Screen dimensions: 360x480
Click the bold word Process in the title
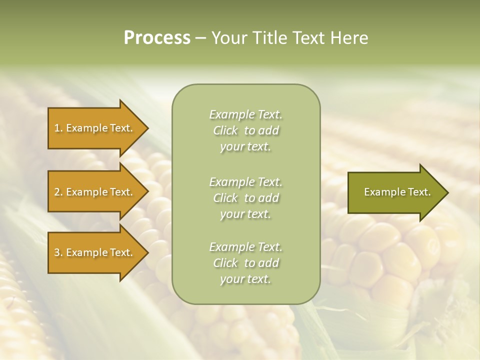pos(157,38)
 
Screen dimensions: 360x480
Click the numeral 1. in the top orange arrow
pos(58,128)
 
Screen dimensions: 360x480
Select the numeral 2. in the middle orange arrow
pos(58,192)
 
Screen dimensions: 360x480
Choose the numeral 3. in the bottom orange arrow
pos(58,252)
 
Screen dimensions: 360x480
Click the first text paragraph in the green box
pos(245,130)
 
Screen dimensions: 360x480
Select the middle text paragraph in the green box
pos(245,198)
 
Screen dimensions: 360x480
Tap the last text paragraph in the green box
pos(245,263)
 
